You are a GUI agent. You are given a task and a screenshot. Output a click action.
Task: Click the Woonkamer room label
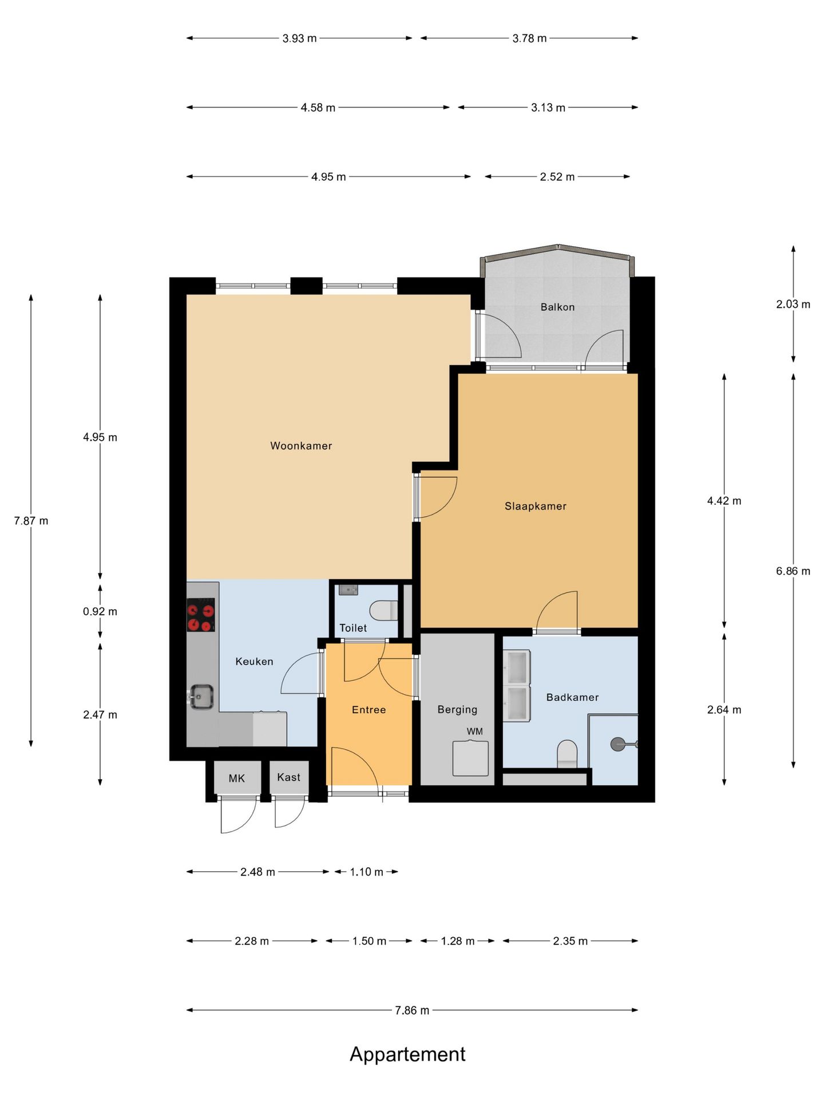point(301,446)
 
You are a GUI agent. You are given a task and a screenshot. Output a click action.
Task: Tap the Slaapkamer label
point(535,506)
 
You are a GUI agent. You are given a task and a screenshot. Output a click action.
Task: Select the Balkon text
point(557,307)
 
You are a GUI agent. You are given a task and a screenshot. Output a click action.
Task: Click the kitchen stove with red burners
point(201,615)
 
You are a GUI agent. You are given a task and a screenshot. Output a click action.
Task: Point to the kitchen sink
point(201,697)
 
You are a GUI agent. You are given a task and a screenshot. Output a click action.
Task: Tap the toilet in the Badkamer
point(567,753)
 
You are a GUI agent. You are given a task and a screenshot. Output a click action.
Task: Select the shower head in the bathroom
point(618,744)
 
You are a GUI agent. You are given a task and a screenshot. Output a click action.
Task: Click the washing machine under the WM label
point(470,758)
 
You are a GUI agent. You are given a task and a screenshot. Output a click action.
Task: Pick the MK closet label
point(236,778)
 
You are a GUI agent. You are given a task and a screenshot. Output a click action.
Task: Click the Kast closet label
point(288,777)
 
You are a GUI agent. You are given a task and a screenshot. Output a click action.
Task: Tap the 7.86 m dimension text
point(412,1010)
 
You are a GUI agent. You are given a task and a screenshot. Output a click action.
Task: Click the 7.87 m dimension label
point(31,521)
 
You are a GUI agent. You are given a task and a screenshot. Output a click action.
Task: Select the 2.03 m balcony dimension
point(793,305)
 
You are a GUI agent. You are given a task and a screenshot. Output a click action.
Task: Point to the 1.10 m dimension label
point(366,872)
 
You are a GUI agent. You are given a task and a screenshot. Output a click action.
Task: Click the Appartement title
point(407,1054)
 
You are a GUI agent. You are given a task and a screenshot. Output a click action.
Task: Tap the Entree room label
point(369,710)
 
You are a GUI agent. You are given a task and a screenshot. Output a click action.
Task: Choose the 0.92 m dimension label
point(100,611)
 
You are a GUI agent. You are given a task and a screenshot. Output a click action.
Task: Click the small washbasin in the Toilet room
point(348,590)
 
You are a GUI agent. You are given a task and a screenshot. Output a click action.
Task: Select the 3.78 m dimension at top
point(529,38)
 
